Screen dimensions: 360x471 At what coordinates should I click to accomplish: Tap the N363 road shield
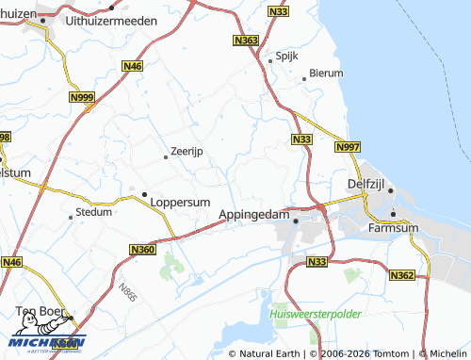pyautogui.click(x=246, y=41)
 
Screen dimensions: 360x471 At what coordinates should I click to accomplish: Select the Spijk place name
pyautogui.click(x=287, y=56)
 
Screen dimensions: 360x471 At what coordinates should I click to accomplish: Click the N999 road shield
pyautogui.click(x=82, y=97)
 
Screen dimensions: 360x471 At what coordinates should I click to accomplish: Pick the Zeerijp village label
pyautogui.click(x=187, y=151)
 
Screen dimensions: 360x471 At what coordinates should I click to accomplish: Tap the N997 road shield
pyautogui.click(x=346, y=148)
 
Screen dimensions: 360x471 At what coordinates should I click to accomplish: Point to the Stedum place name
pyautogui.click(x=93, y=214)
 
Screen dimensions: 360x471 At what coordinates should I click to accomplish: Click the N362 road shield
pyautogui.click(x=402, y=275)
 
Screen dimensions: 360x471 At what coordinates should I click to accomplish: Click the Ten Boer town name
pyautogui.click(x=44, y=311)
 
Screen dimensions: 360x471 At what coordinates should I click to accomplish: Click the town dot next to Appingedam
pyautogui.click(x=297, y=221)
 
